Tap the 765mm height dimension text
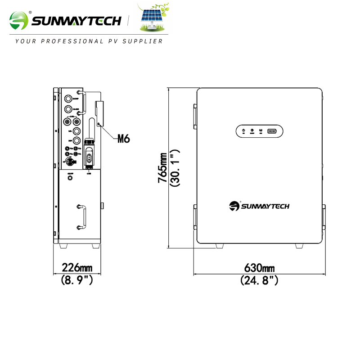[x=162, y=168]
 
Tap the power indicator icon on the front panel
[x=243, y=131]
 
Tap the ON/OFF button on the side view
[x=70, y=177]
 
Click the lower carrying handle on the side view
[x=80, y=216]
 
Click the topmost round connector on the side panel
[x=68, y=98]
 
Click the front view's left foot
[x=220, y=246]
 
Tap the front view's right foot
[x=299, y=246]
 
